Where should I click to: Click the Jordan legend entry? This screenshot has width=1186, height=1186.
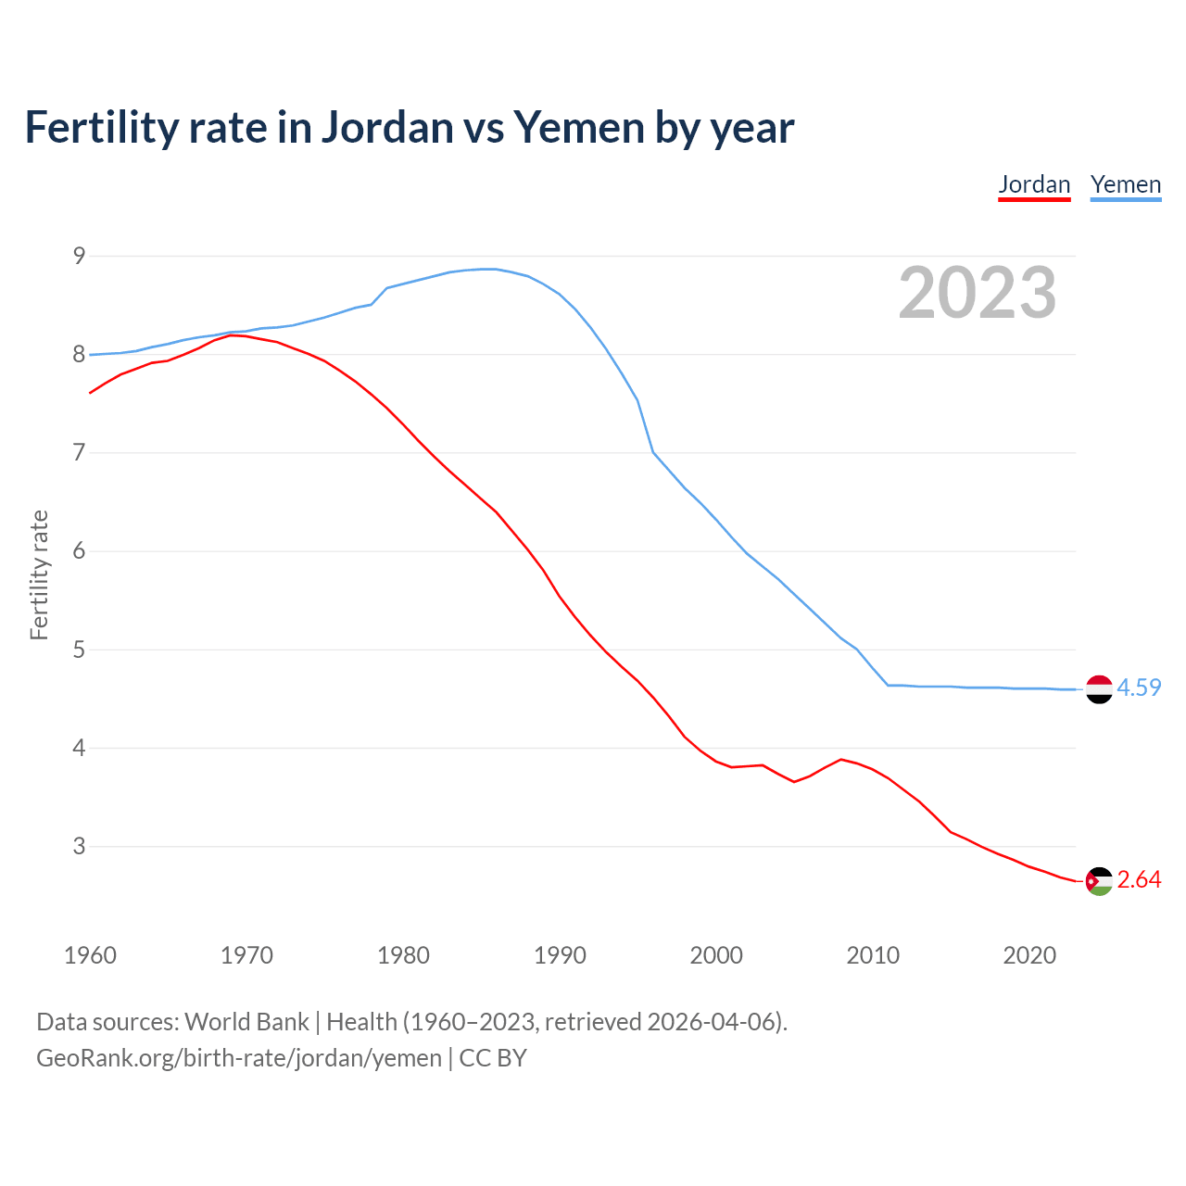(x=1034, y=184)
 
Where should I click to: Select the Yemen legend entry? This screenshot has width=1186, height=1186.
(x=1125, y=184)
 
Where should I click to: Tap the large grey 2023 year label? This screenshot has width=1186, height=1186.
(x=977, y=293)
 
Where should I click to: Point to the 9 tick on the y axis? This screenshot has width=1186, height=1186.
(x=79, y=256)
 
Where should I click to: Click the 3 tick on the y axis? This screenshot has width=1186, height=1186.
(x=79, y=846)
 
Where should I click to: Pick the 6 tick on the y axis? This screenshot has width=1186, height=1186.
(x=79, y=551)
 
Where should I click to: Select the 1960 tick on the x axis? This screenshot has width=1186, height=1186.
(x=90, y=955)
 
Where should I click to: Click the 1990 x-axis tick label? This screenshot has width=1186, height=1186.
(x=560, y=955)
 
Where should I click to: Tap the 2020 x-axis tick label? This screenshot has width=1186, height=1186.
(x=1029, y=955)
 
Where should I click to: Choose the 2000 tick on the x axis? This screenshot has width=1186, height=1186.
(x=716, y=955)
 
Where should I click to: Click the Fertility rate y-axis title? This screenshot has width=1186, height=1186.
(x=39, y=574)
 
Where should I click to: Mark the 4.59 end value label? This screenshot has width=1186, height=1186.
(x=1139, y=688)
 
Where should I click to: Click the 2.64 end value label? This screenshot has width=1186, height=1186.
(x=1139, y=879)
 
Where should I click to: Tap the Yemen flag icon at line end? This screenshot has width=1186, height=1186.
(x=1099, y=689)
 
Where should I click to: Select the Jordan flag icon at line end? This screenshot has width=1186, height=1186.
(x=1099, y=881)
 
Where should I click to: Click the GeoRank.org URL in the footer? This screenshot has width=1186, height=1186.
(x=239, y=1057)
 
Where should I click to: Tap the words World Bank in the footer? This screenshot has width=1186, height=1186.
(x=246, y=1022)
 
